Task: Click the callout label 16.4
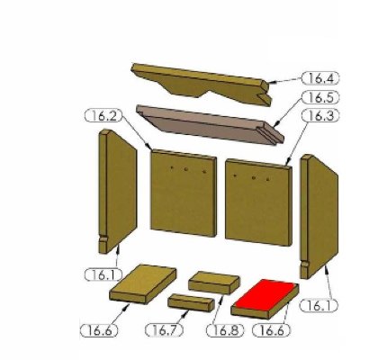tap(320, 78)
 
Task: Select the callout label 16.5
tap(320, 97)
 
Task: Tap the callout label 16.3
tap(320, 116)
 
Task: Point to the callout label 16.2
tap(103, 116)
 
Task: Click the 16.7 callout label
tap(164, 330)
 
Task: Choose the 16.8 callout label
tap(225, 330)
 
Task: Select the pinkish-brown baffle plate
tap(210, 124)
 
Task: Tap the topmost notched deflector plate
tap(201, 84)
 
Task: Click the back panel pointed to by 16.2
tap(184, 193)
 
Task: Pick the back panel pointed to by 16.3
tap(258, 202)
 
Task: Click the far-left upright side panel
tap(118, 192)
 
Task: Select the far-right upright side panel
tap(319, 217)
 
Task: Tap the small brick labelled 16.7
tap(191, 302)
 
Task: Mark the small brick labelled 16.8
tap(214, 283)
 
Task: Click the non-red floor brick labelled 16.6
tap(143, 284)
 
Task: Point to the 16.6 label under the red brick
tap(272, 330)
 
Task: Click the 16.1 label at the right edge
tap(319, 306)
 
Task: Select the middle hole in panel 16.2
tap(186, 169)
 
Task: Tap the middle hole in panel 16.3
tap(254, 178)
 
